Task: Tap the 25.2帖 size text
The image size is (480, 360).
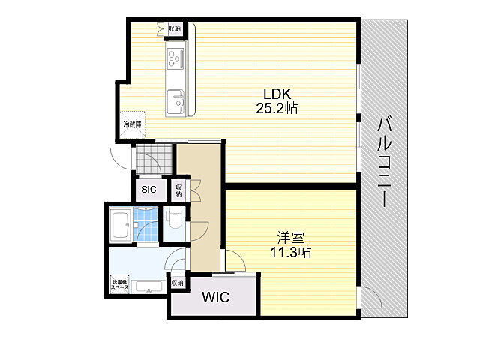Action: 277,108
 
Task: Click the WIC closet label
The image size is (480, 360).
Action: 216,297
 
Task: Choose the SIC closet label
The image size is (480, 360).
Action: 148,190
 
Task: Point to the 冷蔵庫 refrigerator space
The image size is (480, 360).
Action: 132,124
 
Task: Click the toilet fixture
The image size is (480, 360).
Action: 175,221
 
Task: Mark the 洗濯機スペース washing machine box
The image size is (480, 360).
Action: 120,285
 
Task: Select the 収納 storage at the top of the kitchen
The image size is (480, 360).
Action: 174,28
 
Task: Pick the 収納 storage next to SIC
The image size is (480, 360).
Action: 178,190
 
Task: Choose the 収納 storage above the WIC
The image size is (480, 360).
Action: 177,283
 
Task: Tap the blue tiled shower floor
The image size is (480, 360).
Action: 147,225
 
